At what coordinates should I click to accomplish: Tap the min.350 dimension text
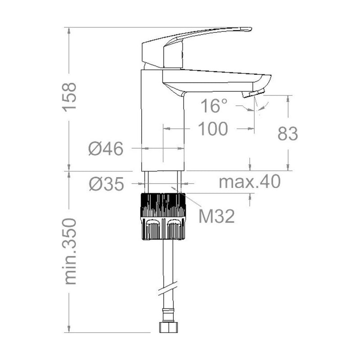click(70, 252)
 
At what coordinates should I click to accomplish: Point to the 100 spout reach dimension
click(213, 129)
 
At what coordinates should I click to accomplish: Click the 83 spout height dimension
click(288, 133)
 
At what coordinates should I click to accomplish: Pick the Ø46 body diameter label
click(106, 148)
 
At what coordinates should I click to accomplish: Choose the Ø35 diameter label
click(107, 184)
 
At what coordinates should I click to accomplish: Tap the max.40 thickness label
click(250, 181)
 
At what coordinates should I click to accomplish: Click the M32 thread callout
click(217, 216)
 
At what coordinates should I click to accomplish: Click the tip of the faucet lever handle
click(251, 29)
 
